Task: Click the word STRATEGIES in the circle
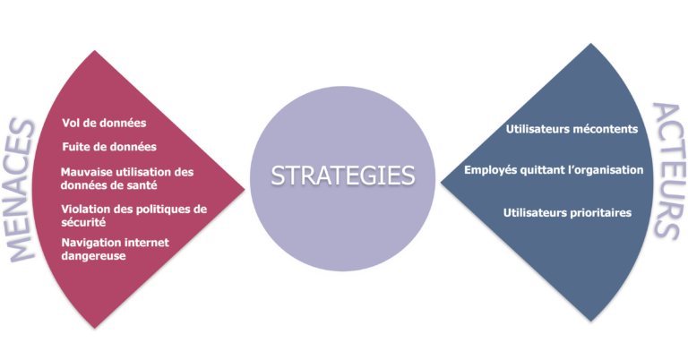(x=343, y=176)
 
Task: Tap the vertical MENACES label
(x=21, y=190)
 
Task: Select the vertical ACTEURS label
(x=669, y=171)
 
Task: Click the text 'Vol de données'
(x=104, y=123)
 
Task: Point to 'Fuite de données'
(x=109, y=147)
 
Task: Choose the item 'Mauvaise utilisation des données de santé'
(x=127, y=178)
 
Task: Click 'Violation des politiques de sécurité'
(x=133, y=216)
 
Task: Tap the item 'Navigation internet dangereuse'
(x=115, y=249)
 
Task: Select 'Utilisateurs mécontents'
(x=572, y=129)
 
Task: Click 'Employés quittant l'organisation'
(x=554, y=170)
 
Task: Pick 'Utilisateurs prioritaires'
(x=567, y=212)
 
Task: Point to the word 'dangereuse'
(x=93, y=255)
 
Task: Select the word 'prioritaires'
(x=601, y=212)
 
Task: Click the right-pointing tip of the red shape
(x=245, y=190)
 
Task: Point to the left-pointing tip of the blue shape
(x=440, y=183)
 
